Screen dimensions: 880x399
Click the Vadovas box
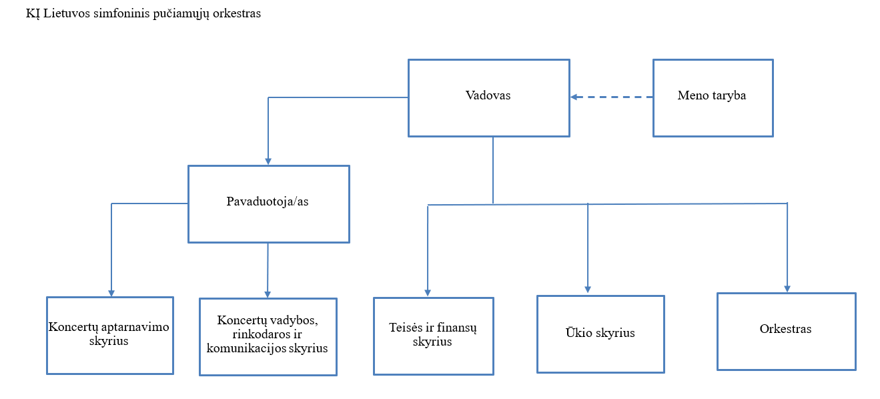click(489, 98)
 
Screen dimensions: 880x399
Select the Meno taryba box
click(713, 98)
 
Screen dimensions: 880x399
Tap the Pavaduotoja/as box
click(269, 204)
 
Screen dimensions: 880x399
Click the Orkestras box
click(787, 332)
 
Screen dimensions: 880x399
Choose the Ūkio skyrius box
click(600, 334)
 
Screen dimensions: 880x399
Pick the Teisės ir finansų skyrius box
click(433, 336)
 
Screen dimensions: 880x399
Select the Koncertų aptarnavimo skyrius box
click(110, 336)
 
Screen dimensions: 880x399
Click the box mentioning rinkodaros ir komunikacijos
click(268, 337)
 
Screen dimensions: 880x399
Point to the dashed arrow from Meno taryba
click(611, 97)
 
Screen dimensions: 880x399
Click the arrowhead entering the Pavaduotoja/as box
click(268, 161)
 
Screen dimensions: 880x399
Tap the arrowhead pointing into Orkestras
click(787, 289)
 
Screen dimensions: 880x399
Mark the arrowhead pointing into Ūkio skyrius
click(588, 290)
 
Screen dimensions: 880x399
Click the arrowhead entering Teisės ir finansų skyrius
click(428, 293)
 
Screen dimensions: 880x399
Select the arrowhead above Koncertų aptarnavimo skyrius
click(111, 294)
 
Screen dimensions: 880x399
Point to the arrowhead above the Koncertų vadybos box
click(268, 294)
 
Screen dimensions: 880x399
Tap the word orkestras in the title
click(236, 14)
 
